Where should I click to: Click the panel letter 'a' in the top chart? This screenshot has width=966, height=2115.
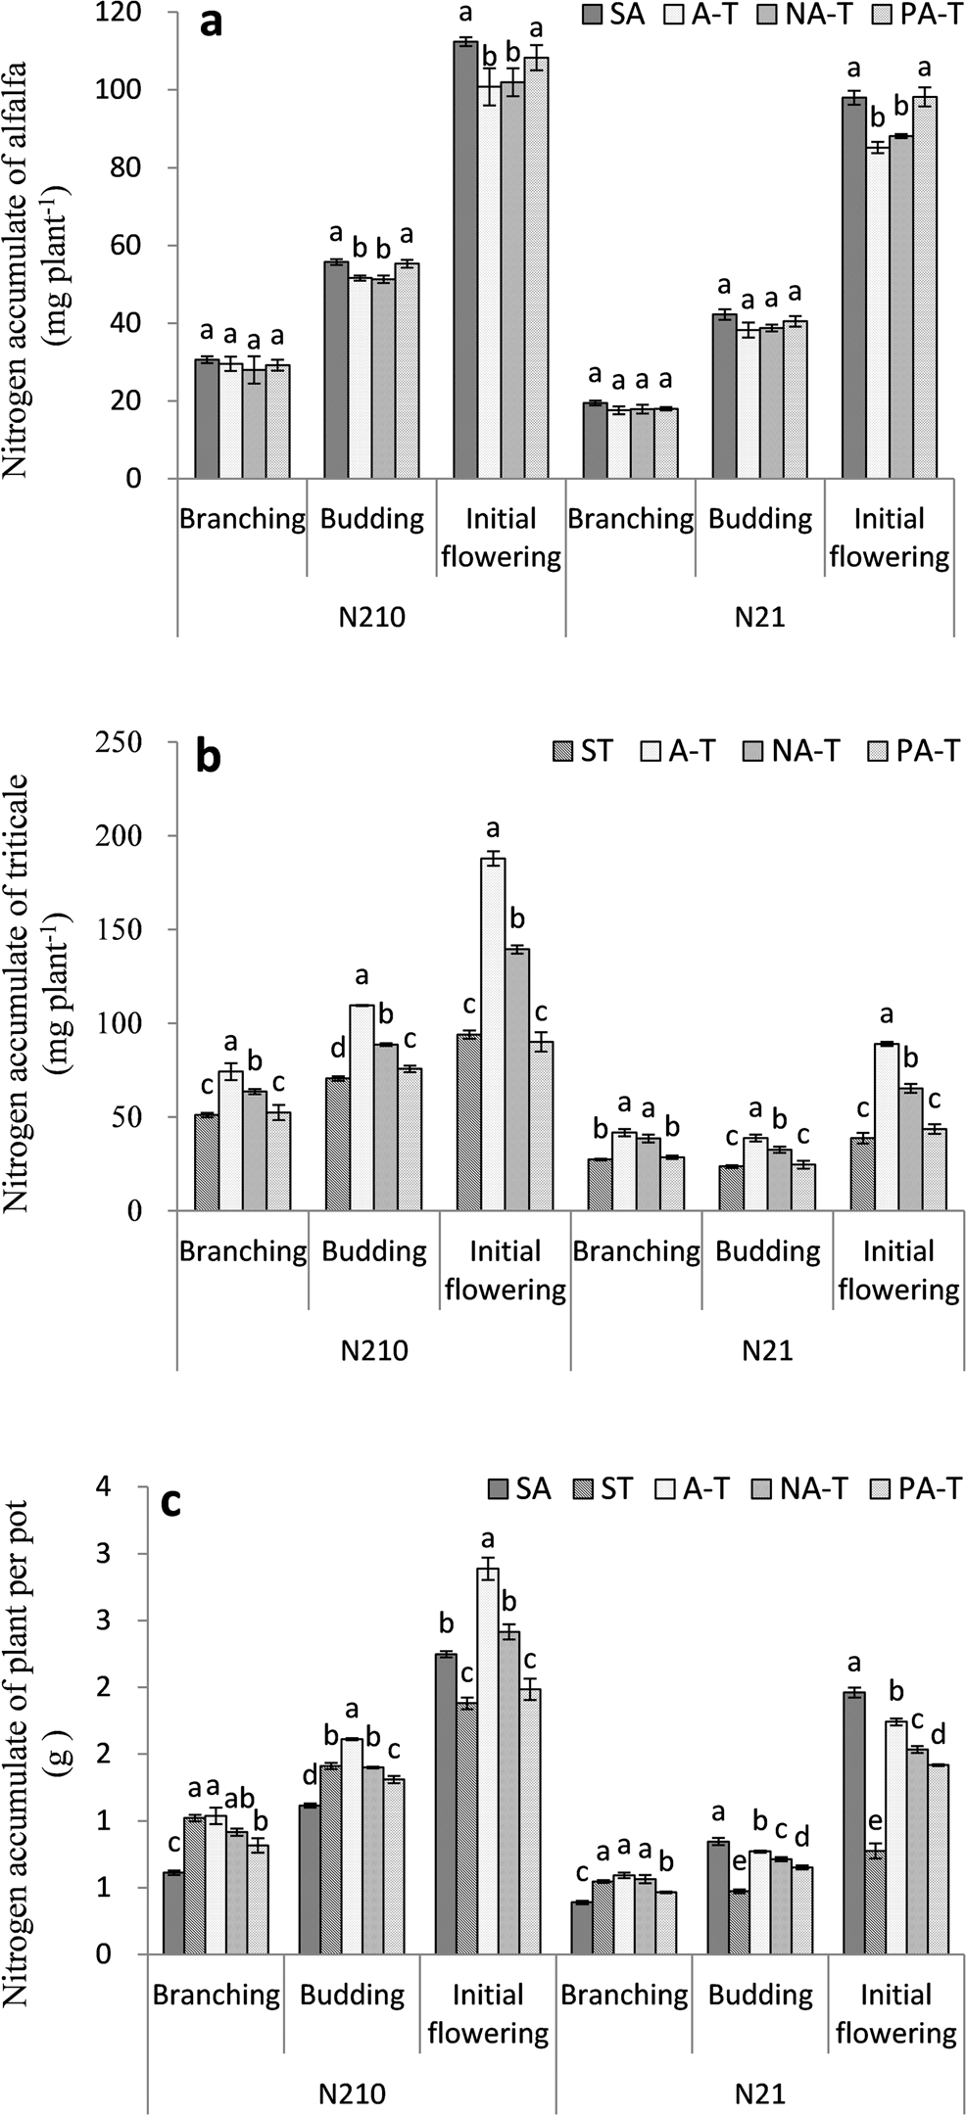tap(211, 22)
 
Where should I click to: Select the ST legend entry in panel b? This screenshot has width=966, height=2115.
tap(584, 751)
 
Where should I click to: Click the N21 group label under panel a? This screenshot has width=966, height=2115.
tap(760, 619)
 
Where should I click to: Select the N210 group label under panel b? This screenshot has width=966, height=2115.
tap(374, 1351)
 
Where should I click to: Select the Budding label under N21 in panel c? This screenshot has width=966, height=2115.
tap(760, 1995)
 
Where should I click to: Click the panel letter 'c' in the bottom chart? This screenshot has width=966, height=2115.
tap(170, 1503)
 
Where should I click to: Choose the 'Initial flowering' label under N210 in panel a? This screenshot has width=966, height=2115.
tap(501, 538)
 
